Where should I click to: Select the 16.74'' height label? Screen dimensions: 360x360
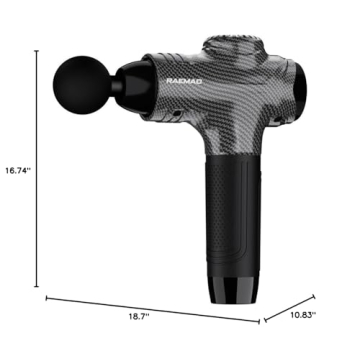pos(17,172)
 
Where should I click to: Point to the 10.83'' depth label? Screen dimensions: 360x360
pos(301,315)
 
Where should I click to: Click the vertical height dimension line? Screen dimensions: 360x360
pos(38,170)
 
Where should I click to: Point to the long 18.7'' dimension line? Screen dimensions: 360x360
pos(150,308)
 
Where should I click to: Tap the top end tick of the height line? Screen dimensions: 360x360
pos(38,54)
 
